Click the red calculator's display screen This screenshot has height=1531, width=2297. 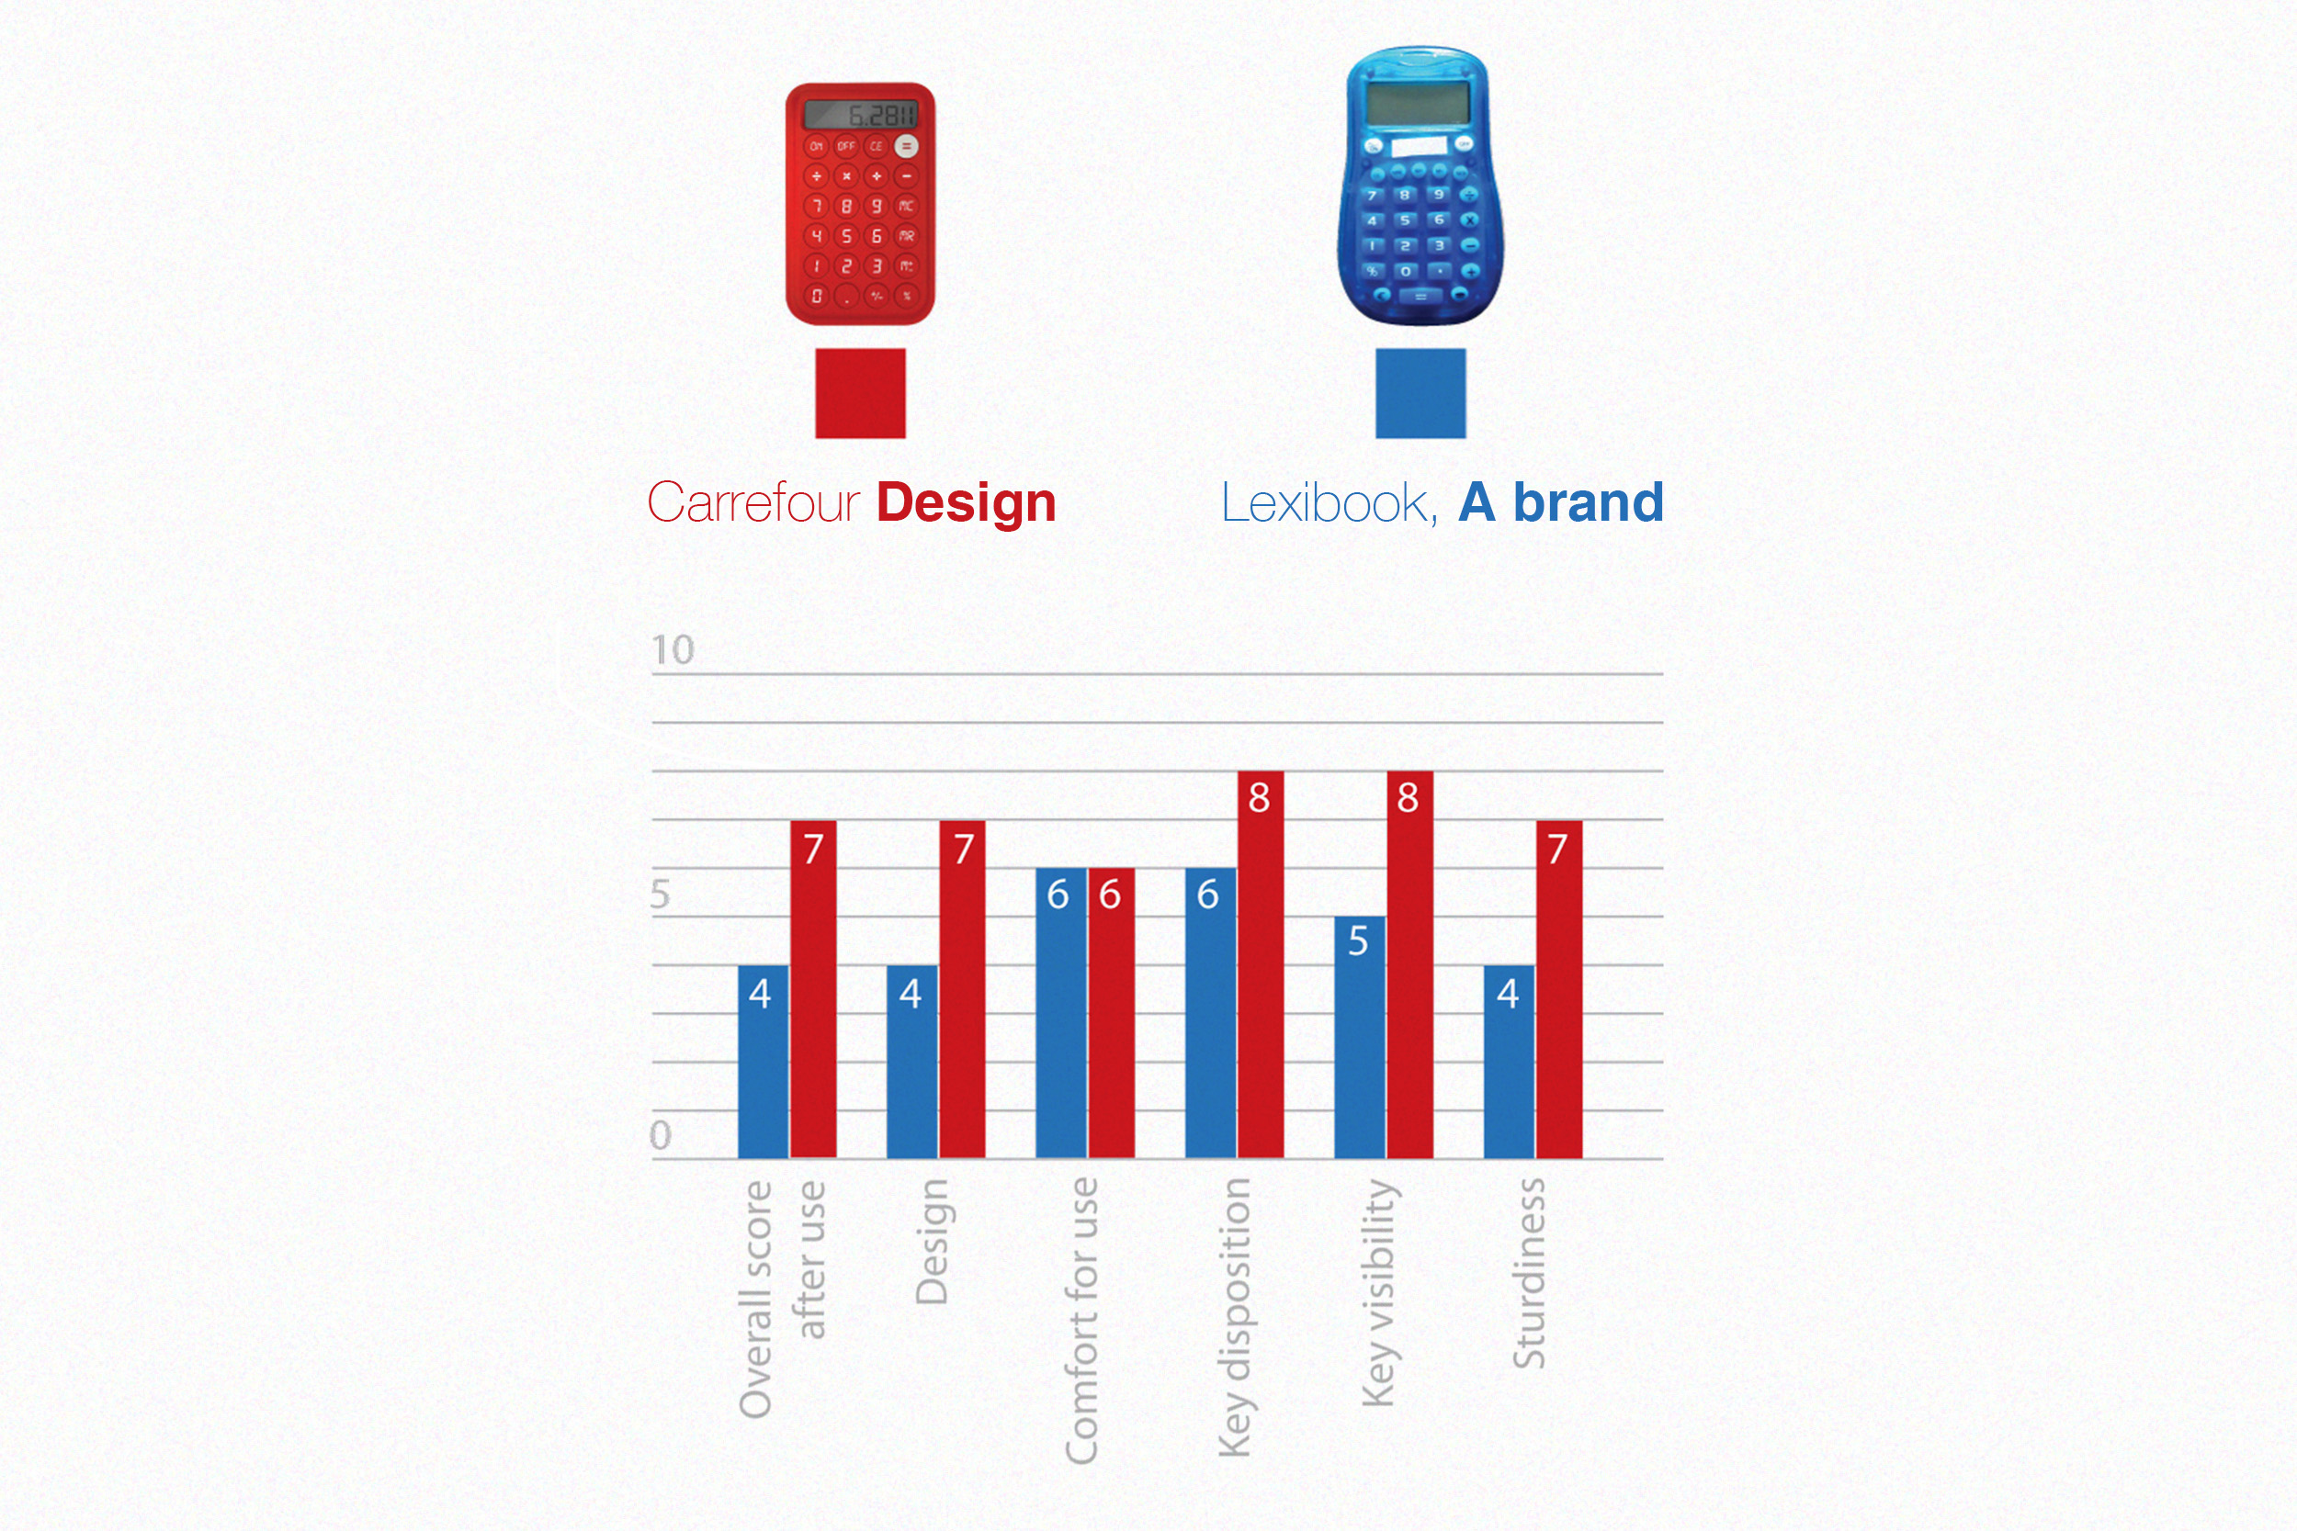[x=859, y=115]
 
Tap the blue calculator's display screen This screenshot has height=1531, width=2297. [x=1417, y=103]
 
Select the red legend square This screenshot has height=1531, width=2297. [x=859, y=393]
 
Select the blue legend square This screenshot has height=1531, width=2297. [x=1420, y=393]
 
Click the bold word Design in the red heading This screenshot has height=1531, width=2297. [x=966, y=503]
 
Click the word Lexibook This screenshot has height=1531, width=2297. [x=1329, y=503]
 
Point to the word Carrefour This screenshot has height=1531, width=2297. [x=753, y=503]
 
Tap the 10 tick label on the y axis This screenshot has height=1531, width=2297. [x=673, y=650]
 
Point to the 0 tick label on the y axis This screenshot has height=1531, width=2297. [x=662, y=1134]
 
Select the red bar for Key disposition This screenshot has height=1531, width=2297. [x=1260, y=976]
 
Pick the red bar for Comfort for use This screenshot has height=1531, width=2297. [x=1112, y=1016]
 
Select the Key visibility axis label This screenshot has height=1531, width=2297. [x=1379, y=1293]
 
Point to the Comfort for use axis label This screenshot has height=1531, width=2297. [x=1082, y=1320]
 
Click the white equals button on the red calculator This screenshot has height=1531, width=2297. [x=906, y=146]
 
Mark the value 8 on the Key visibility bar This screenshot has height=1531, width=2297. [x=1408, y=798]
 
